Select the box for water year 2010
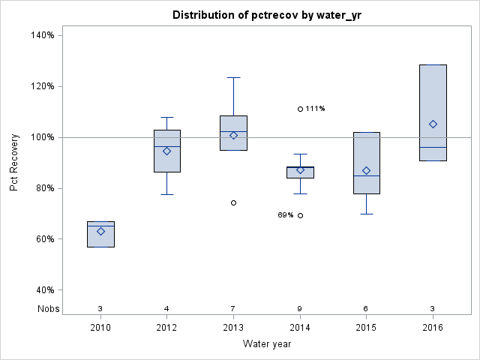(100, 234)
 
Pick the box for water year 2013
(233, 133)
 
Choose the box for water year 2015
(366, 163)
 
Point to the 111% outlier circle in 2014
(300, 109)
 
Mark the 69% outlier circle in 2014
(300, 215)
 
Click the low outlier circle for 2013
(233, 202)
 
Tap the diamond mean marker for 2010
(100, 231)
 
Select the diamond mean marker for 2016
(433, 124)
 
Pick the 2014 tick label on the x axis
(300, 329)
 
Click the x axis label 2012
(167, 329)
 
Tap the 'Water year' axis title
(266, 344)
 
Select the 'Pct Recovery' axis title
(14, 163)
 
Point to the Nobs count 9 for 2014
(300, 308)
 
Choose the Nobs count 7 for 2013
(233, 308)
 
